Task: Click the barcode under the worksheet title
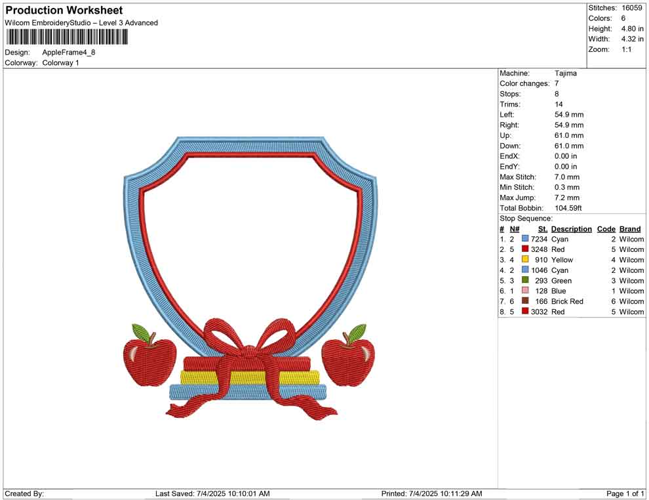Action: click(x=67, y=37)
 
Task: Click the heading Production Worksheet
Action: click(x=64, y=10)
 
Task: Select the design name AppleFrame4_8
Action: click(x=69, y=52)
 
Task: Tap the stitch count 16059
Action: click(x=631, y=8)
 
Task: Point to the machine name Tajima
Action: click(x=565, y=73)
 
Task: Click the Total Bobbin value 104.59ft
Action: click(x=568, y=208)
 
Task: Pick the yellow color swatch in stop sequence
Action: click(x=525, y=259)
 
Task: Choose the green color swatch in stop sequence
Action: click(x=525, y=280)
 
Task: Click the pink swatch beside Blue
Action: click(x=525, y=291)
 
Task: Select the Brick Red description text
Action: click(x=567, y=301)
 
